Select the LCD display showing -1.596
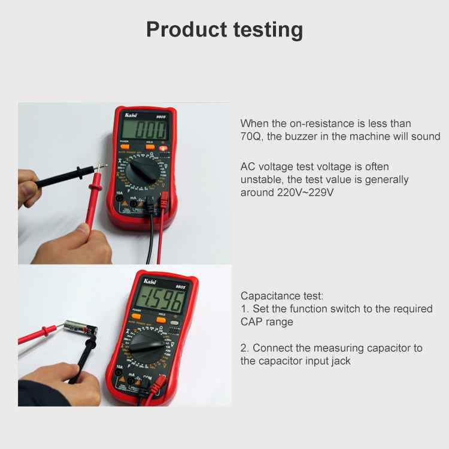(x=159, y=300)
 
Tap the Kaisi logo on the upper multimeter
(x=132, y=114)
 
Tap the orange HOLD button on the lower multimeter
(x=161, y=320)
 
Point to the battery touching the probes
(x=80, y=327)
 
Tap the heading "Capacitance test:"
(x=281, y=296)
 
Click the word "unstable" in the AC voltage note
(x=262, y=179)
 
